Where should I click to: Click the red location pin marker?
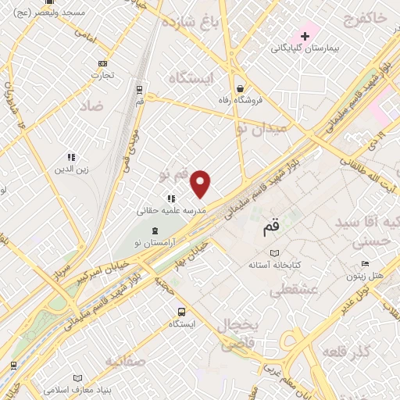click(x=201, y=183)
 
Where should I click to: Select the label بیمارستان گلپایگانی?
click(x=305, y=48)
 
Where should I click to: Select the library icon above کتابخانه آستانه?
click(x=273, y=252)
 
